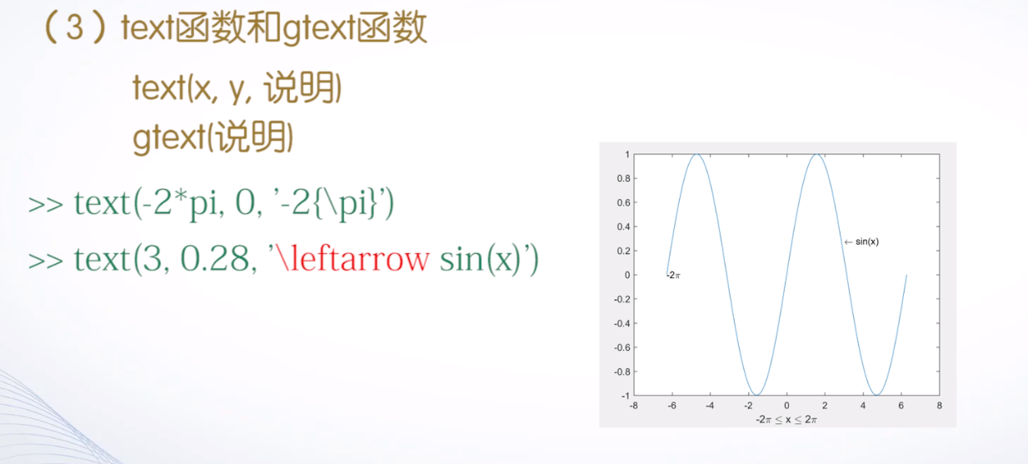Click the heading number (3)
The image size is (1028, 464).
point(75,30)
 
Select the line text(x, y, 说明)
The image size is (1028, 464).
point(237,88)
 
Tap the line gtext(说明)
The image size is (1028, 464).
point(212,137)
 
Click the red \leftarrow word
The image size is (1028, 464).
point(351,259)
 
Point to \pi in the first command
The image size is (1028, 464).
point(354,203)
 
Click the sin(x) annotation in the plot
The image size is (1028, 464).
point(866,242)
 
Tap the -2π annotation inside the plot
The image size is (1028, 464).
point(674,275)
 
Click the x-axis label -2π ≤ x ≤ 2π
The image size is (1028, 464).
point(786,419)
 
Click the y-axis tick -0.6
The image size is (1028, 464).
point(621,347)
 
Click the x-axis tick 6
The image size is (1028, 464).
point(901,406)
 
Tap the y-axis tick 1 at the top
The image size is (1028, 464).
point(626,154)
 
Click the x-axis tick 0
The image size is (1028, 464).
point(786,406)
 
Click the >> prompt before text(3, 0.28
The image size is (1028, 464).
point(47,261)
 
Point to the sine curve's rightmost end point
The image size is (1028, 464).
point(906,275)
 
